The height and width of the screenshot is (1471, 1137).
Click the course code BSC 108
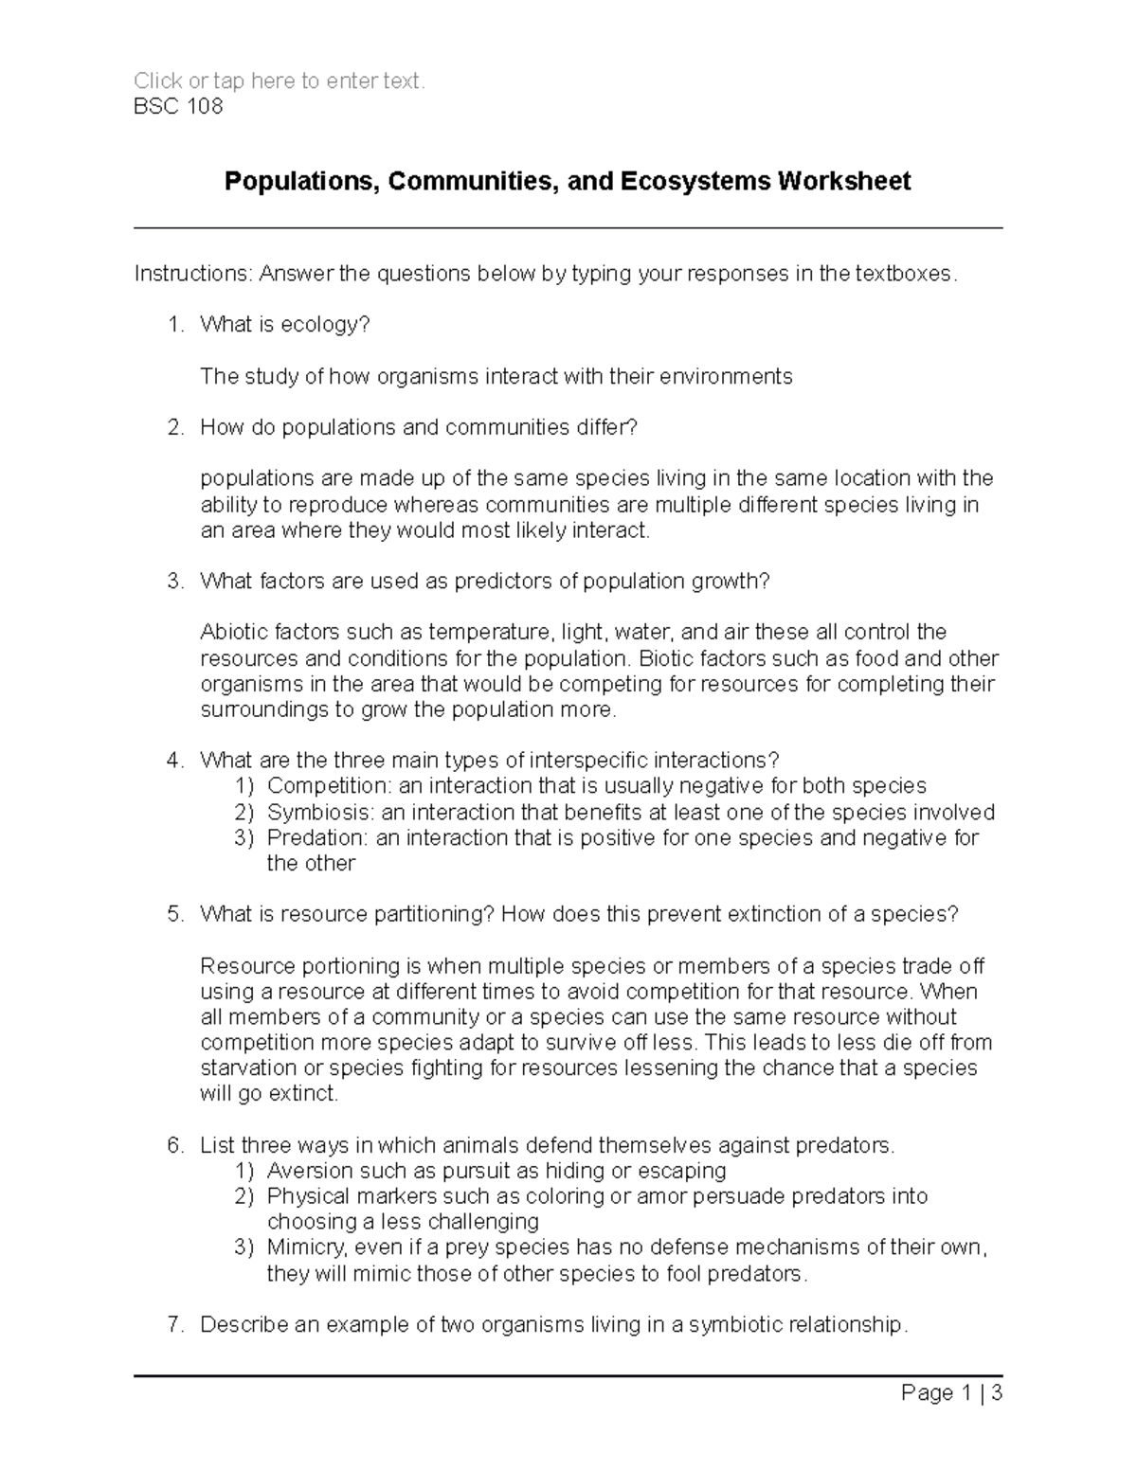[x=178, y=106]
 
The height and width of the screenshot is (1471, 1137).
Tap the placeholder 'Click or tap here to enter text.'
[x=280, y=81]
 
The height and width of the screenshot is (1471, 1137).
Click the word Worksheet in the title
[x=844, y=181]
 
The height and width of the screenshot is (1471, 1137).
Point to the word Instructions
[x=192, y=274]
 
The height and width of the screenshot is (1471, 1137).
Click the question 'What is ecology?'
[x=284, y=325]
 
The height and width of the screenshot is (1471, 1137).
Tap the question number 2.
[x=174, y=428]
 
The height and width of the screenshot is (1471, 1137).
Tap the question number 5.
[x=174, y=915]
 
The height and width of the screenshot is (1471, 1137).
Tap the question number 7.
[x=174, y=1325]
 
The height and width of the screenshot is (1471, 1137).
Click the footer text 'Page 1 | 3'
[x=951, y=1393]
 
